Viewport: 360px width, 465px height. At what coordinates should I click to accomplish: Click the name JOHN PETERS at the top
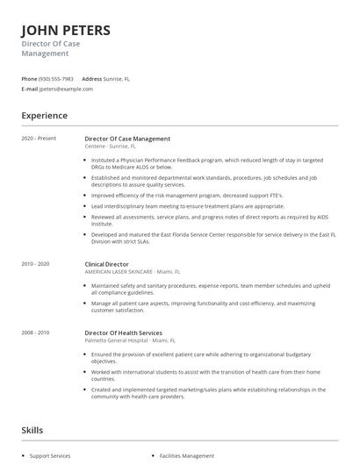tap(66, 31)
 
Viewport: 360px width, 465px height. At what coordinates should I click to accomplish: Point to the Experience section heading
tap(44, 116)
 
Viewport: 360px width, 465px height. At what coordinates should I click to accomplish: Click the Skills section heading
tap(32, 431)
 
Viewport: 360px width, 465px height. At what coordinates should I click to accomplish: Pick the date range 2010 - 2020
tap(35, 264)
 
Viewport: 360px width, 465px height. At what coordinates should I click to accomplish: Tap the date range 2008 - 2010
tap(35, 333)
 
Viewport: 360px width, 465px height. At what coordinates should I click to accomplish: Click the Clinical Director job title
tap(106, 264)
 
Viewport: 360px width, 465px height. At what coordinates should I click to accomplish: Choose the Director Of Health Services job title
tap(123, 333)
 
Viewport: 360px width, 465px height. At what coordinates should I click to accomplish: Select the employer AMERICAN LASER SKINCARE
tap(119, 272)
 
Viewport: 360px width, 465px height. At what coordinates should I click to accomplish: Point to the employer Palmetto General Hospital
tap(118, 340)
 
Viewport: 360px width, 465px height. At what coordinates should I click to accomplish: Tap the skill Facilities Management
tap(186, 456)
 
